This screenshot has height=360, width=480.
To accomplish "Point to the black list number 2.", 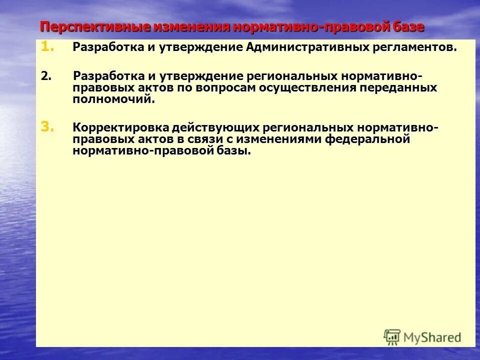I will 46,76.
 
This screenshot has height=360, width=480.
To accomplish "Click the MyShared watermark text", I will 432,337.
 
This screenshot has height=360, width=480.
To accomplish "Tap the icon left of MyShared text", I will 392,337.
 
